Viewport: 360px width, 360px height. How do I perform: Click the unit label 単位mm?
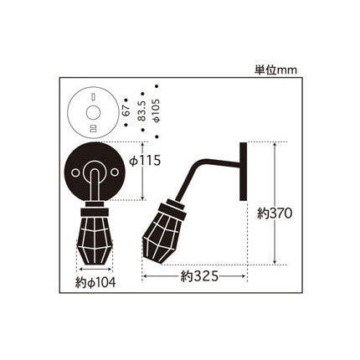click(x=275, y=69)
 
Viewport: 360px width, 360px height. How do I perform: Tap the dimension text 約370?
click(x=275, y=213)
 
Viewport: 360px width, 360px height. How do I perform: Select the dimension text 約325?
click(x=199, y=276)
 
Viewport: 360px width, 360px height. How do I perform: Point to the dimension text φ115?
click(x=145, y=161)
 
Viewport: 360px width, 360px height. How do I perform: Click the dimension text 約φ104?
click(x=95, y=283)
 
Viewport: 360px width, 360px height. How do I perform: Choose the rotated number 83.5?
click(x=142, y=111)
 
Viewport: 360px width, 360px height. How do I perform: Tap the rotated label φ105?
click(x=157, y=111)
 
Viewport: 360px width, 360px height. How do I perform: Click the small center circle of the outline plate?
click(x=93, y=113)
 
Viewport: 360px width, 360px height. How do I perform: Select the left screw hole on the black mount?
click(x=75, y=173)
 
